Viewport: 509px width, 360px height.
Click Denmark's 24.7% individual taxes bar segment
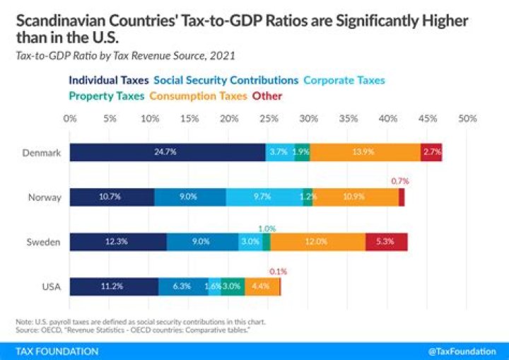click(168, 152)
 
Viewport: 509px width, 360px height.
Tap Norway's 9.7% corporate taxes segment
click(264, 197)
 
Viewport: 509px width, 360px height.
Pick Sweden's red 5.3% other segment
click(386, 241)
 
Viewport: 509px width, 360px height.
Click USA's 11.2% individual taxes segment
click(114, 286)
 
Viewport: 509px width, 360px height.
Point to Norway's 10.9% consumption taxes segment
click(356, 197)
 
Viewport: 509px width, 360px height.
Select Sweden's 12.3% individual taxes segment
click(118, 241)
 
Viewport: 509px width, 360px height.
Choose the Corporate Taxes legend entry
click(344, 80)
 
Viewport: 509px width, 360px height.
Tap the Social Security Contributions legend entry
click(226, 80)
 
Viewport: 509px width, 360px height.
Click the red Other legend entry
click(267, 95)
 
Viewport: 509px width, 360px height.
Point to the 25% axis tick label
click(268, 120)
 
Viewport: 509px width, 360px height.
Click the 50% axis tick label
click(467, 120)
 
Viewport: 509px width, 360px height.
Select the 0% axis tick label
click(69, 120)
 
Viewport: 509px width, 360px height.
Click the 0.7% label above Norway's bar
click(400, 181)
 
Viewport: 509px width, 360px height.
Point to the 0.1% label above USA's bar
click(279, 271)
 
